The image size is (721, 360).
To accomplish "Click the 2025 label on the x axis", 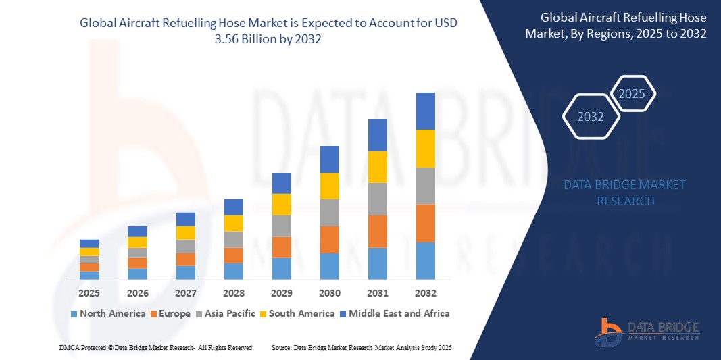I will coord(89,293).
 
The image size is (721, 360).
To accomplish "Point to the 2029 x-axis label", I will coord(281,293).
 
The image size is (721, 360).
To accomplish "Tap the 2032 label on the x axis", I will coord(425,293).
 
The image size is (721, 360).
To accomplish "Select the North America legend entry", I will coord(108,313).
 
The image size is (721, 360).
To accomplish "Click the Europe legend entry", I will coord(171,313).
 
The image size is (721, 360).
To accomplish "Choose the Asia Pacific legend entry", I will coord(228,313).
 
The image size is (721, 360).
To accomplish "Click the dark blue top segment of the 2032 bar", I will coord(425,111).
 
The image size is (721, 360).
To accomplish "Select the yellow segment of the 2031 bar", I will coord(377,167).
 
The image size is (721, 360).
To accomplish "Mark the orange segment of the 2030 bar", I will coord(329,239).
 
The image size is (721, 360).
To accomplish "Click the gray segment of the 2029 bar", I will coord(281,226).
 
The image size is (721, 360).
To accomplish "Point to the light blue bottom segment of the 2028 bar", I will coord(233,271).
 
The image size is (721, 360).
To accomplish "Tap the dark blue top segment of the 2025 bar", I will coord(89,243).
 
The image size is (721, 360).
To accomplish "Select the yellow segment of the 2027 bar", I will coord(185,232).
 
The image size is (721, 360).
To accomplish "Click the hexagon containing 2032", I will coord(591,117).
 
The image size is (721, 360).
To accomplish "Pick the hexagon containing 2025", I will coord(632,94).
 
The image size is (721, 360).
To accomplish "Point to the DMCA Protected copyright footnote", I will coord(156,347).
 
